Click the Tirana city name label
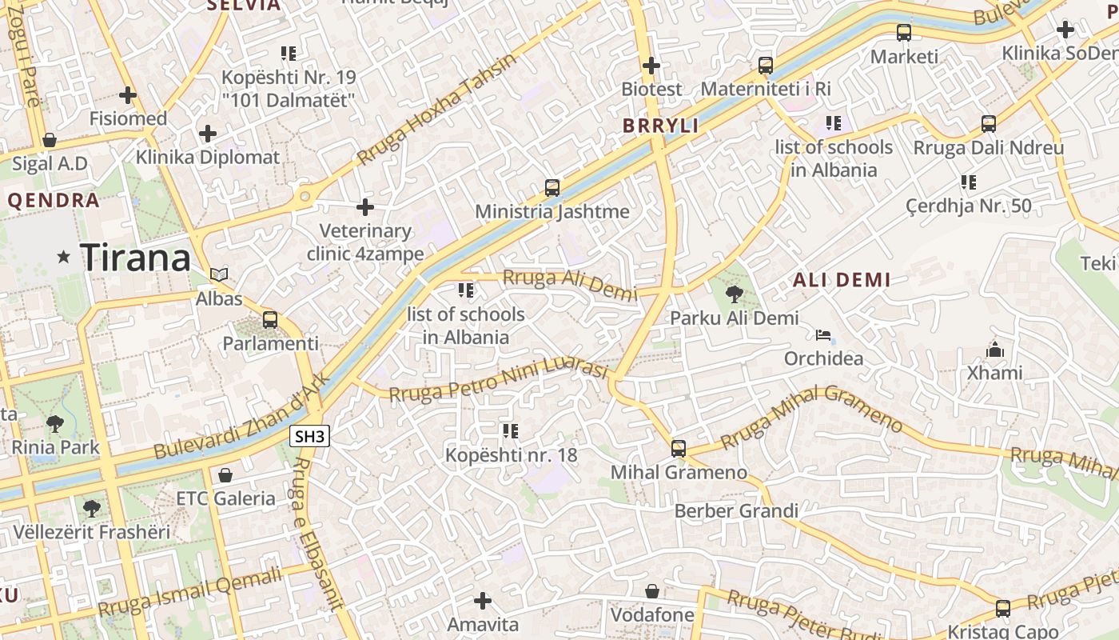(x=136, y=258)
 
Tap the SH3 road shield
(x=309, y=436)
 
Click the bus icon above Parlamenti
(x=270, y=320)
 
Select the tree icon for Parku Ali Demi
(x=734, y=294)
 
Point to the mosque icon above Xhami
(x=994, y=350)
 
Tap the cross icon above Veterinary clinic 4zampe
(x=365, y=207)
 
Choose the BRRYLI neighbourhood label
(x=660, y=126)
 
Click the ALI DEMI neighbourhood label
(x=841, y=280)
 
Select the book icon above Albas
(x=219, y=274)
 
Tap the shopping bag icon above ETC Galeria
(x=225, y=475)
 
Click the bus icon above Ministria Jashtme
(x=552, y=188)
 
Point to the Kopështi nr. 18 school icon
(x=510, y=431)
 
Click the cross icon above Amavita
(x=483, y=600)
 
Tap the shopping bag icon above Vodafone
(x=652, y=591)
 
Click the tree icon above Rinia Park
(x=55, y=423)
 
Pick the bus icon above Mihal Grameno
(x=679, y=449)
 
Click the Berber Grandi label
(x=736, y=510)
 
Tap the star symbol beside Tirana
(x=64, y=257)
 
